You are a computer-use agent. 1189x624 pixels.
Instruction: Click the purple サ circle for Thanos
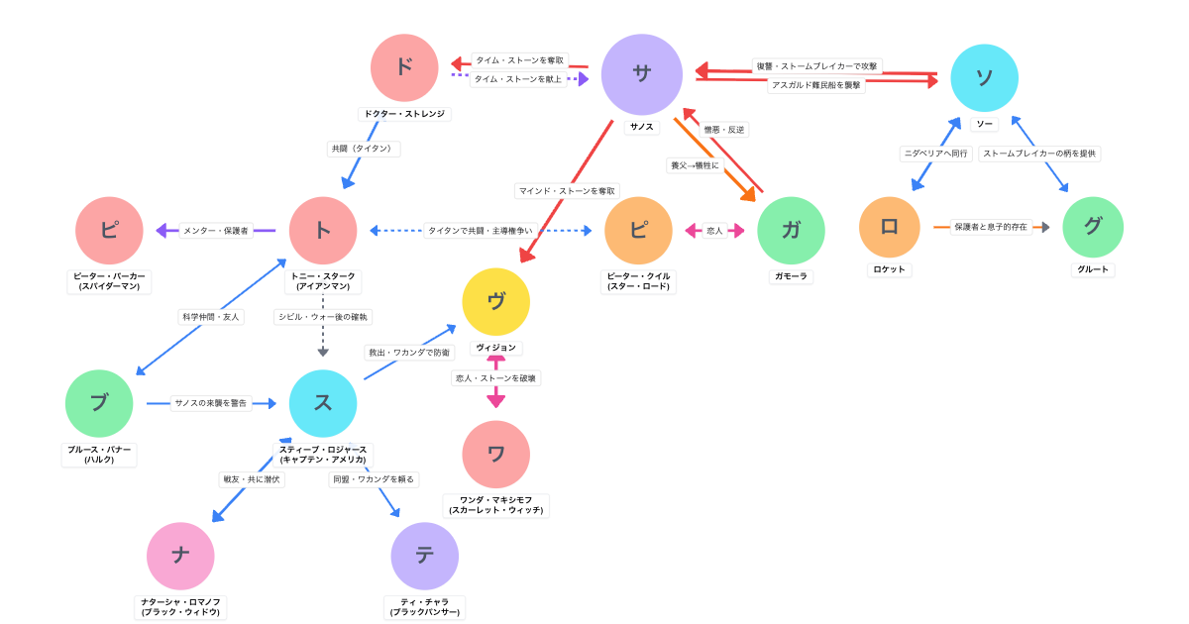tap(642, 74)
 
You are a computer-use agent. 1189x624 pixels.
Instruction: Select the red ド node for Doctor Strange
tap(404, 67)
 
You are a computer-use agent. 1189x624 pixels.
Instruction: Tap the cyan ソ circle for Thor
tap(984, 78)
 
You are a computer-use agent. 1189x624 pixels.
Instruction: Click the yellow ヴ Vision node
tap(496, 302)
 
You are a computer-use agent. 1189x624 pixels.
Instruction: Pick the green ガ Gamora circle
tap(791, 231)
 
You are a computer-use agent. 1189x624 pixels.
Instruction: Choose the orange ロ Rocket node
tap(889, 227)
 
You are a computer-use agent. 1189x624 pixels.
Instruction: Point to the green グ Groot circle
tap(1093, 227)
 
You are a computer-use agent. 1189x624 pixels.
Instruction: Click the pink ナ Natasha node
tap(180, 556)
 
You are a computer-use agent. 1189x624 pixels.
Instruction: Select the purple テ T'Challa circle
tap(424, 556)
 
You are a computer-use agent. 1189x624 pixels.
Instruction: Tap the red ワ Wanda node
tap(496, 455)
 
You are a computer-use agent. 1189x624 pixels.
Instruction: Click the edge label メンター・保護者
tap(215, 231)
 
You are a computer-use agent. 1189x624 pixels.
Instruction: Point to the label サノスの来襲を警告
tap(211, 403)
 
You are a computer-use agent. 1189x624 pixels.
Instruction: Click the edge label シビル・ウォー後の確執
tap(323, 317)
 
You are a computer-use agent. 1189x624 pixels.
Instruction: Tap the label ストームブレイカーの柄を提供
tap(1039, 154)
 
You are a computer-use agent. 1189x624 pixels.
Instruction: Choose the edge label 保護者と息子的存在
tap(991, 227)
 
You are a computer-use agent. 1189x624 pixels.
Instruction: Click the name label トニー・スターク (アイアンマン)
tap(323, 281)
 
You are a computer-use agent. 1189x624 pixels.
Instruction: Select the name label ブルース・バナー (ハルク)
tap(99, 455)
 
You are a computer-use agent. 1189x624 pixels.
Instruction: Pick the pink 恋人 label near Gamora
tap(713, 231)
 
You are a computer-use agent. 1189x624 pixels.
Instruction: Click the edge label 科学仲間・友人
tap(211, 317)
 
